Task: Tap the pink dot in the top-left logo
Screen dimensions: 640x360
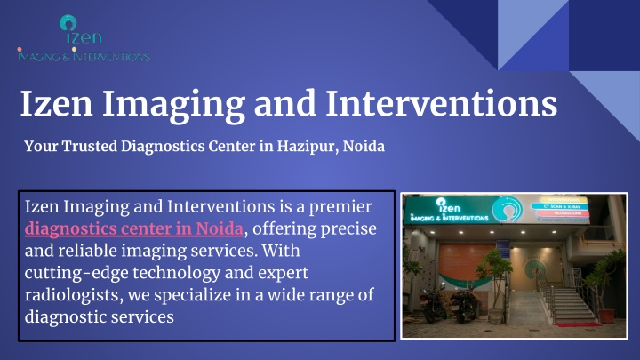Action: coord(20,50)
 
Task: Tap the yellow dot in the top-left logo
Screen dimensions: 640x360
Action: coord(74,50)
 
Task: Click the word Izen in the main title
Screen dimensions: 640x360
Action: coord(56,104)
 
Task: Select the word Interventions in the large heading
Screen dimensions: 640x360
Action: coord(441,104)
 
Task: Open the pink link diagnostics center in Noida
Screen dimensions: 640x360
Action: coord(134,228)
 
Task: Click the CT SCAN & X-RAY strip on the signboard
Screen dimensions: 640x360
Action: coord(560,207)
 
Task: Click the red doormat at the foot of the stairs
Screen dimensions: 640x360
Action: coord(579,325)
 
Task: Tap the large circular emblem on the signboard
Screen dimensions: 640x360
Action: coord(507,209)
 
